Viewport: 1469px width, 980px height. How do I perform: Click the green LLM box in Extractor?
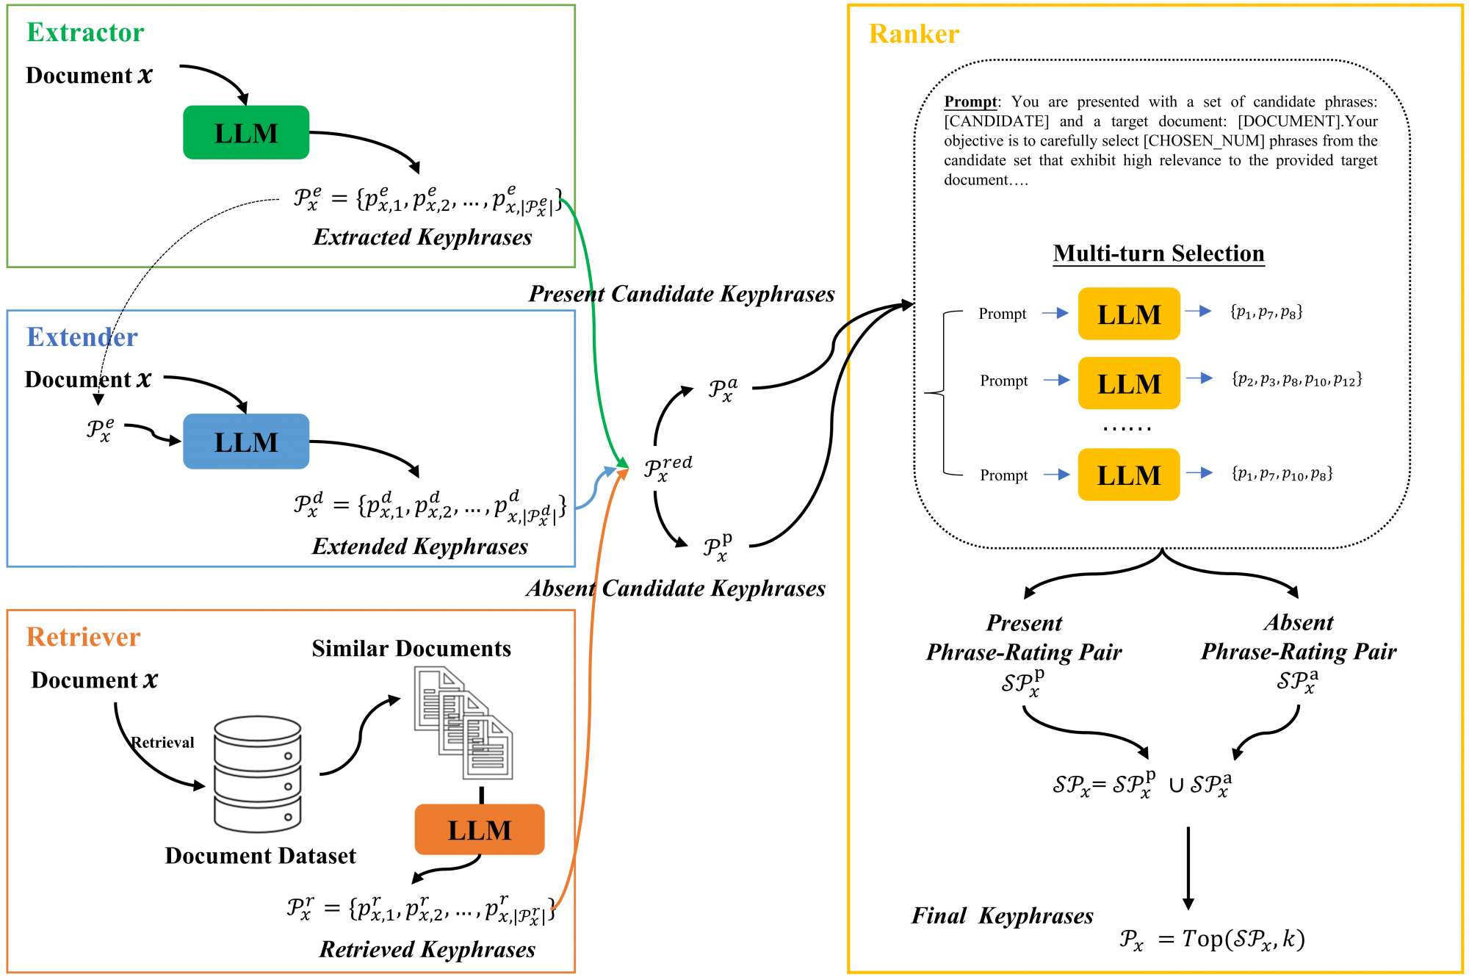246,133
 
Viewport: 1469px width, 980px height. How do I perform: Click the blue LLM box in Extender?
246,442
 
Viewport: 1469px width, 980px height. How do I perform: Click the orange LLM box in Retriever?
480,829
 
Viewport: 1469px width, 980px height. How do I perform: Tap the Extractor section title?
85,32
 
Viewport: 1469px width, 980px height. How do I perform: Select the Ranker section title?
914,34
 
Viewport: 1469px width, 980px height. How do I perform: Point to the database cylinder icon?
257,774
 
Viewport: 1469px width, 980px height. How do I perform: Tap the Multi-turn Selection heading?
1158,253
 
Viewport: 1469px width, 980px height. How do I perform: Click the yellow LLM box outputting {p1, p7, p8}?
1129,314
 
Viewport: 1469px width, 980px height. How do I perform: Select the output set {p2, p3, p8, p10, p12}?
1296,380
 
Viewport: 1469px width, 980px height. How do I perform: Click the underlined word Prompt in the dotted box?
970,101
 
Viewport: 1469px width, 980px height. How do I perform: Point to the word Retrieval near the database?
163,742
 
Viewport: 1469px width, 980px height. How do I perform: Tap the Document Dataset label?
260,856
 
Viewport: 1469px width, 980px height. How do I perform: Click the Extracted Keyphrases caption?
422,237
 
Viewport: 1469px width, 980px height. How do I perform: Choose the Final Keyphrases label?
1002,916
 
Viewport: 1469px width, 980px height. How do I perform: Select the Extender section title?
82,337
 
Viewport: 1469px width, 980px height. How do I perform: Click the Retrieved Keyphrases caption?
427,950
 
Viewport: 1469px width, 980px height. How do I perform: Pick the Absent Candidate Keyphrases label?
676,588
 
